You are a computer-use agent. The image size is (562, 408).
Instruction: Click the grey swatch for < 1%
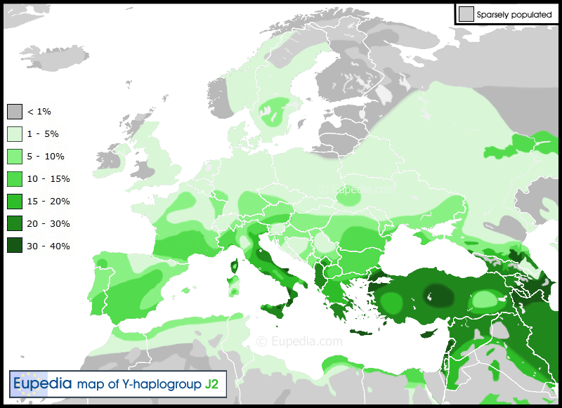[x=15, y=112]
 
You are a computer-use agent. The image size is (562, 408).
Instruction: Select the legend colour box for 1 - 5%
[x=15, y=134]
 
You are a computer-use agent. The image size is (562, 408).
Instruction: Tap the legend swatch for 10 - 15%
[x=15, y=179]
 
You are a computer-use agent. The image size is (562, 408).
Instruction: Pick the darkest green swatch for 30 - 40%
[x=15, y=246]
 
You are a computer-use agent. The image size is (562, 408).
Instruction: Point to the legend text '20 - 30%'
[x=48, y=224]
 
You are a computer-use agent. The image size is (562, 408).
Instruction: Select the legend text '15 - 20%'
[x=48, y=202]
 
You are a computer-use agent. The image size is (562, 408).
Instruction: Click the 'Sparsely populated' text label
[x=514, y=14]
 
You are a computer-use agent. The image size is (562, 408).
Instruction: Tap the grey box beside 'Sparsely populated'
[x=465, y=14]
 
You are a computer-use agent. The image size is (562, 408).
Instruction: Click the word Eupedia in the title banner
[x=43, y=383]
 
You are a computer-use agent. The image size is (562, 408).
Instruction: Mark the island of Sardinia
[x=233, y=287]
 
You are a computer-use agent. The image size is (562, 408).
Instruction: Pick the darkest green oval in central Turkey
[x=438, y=294]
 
